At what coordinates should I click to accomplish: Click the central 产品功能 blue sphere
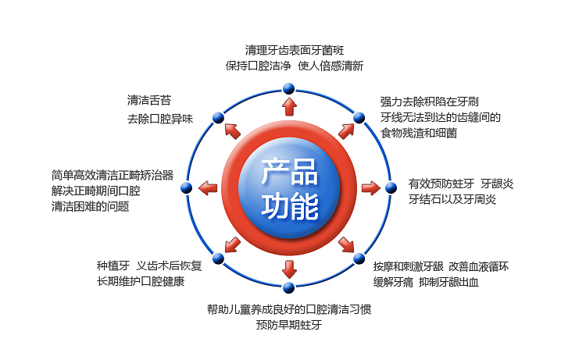click(289, 188)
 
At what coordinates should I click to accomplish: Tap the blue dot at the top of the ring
click(289, 87)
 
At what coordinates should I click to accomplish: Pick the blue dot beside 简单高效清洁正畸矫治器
click(186, 187)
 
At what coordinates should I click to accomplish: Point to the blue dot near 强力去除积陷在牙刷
click(359, 118)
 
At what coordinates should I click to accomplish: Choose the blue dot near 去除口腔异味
click(218, 118)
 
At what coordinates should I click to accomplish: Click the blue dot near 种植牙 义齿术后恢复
click(218, 258)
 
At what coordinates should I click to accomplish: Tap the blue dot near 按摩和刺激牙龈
click(359, 258)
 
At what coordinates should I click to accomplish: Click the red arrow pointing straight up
click(289, 107)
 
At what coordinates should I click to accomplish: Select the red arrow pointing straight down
click(289, 269)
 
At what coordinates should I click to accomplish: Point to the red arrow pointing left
click(207, 187)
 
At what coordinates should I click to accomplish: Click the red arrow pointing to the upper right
click(346, 130)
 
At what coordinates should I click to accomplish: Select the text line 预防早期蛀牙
click(288, 325)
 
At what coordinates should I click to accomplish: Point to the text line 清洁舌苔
click(148, 100)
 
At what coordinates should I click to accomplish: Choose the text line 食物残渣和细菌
click(419, 134)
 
